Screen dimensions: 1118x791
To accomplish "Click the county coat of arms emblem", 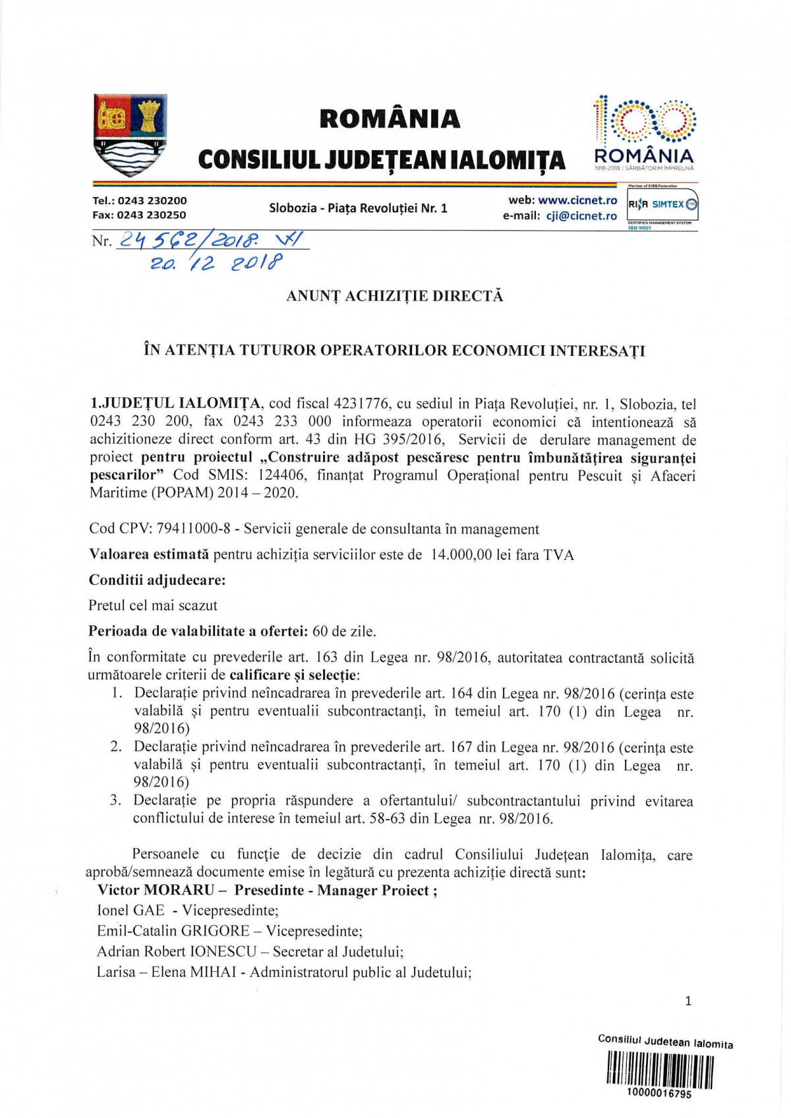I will click(130, 135).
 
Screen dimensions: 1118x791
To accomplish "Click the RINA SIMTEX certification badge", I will click(662, 205).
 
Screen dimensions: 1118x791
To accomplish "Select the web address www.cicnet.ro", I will click(577, 200).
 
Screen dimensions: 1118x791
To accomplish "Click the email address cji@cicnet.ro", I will click(581, 216).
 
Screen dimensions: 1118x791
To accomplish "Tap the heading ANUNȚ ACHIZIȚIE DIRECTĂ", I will click(394, 296).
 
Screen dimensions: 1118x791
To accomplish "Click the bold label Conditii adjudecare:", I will click(157, 580).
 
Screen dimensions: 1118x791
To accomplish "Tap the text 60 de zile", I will click(344, 631).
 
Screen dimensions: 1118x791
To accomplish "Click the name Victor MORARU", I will click(156, 890).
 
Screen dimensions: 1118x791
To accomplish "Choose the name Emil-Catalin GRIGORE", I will click(173, 931).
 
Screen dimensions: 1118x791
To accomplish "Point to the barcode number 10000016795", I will click(659, 1094).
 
